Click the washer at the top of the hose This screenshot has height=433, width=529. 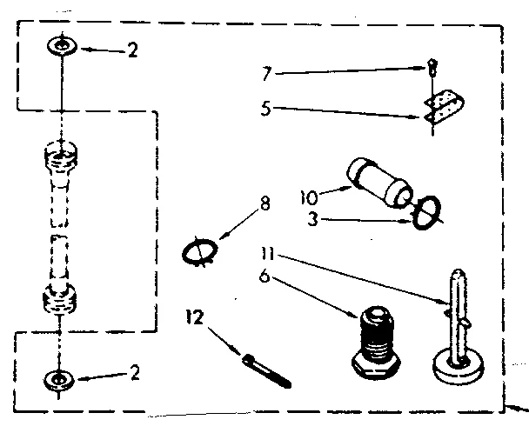(58, 44)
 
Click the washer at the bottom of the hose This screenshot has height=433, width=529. (58, 378)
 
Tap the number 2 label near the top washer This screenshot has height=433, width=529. (132, 50)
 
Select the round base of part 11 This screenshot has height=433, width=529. (460, 364)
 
